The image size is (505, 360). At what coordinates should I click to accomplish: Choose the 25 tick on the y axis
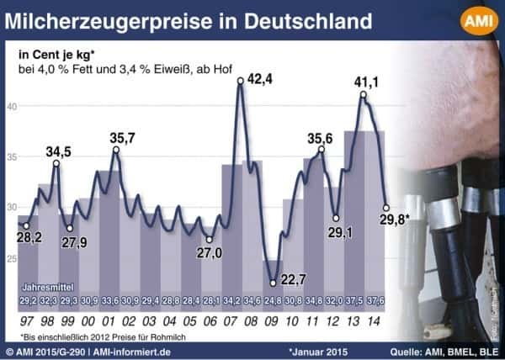[x=12, y=259]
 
